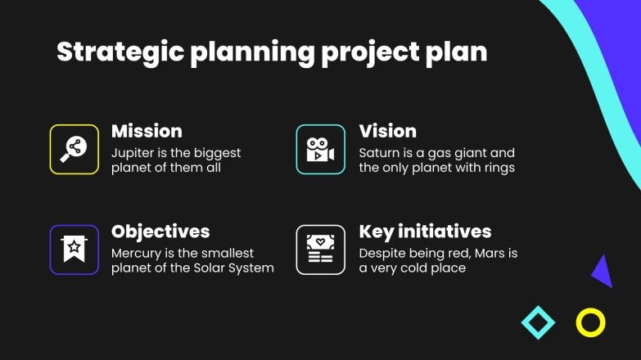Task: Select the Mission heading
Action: pyautogui.click(x=147, y=131)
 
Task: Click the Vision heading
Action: pyautogui.click(x=387, y=131)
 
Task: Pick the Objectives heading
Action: pyautogui.click(x=160, y=231)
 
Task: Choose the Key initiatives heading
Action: pyautogui.click(x=425, y=231)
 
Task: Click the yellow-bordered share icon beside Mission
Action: pyautogui.click(x=74, y=149)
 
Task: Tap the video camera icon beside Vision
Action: pyautogui.click(x=320, y=149)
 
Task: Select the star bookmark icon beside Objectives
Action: pyautogui.click(x=74, y=250)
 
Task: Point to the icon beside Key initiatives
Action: pyautogui.click(x=320, y=250)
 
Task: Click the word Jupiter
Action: pyautogui.click(x=132, y=153)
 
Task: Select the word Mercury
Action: pyautogui.click(x=136, y=253)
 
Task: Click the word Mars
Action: pyautogui.click(x=489, y=253)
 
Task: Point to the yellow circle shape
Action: pyautogui.click(x=590, y=322)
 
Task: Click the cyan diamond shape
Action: pyautogui.click(x=538, y=322)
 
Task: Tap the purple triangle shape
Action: pyautogui.click(x=603, y=272)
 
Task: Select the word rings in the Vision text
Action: pyautogui.click(x=498, y=169)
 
